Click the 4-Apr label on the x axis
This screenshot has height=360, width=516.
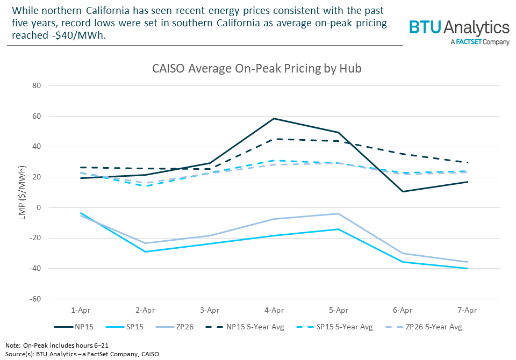(274, 310)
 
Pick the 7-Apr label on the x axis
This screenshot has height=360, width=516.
(467, 310)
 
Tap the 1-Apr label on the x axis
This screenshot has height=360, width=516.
(81, 310)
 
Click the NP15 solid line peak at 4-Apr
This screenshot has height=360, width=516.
(274, 118)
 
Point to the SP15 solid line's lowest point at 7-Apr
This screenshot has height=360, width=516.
(467, 269)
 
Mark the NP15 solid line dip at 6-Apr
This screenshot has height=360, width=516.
(403, 191)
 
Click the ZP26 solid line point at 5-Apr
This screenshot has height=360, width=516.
(338, 213)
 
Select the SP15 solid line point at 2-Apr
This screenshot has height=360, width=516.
(145, 251)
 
